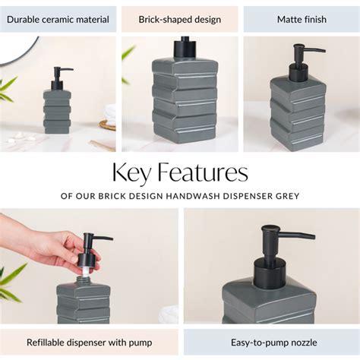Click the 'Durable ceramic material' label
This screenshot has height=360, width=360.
click(58, 19)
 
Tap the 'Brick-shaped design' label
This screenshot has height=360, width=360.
click(179, 19)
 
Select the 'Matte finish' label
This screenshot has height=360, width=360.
click(301, 19)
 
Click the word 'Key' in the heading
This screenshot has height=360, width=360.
click(130, 173)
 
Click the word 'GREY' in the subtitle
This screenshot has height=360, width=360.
click(287, 196)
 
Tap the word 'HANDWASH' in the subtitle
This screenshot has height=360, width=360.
click(196, 196)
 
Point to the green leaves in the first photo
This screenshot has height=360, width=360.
click(8, 87)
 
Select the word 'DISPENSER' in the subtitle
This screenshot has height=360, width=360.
click(252, 196)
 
